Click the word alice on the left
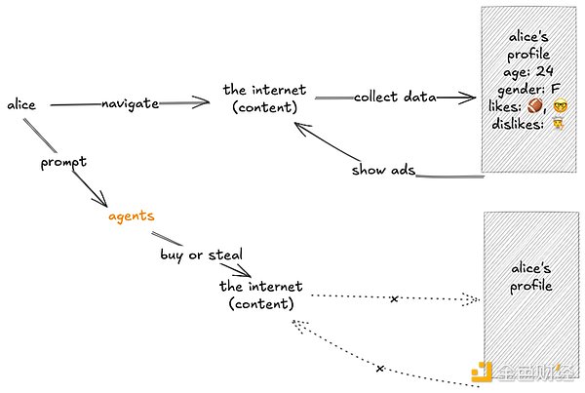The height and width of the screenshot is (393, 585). (20, 104)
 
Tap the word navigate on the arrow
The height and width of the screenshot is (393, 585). (130, 103)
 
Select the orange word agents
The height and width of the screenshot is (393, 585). (132, 216)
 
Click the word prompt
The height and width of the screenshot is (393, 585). (63, 162)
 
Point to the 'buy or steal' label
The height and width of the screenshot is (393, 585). (201, 255)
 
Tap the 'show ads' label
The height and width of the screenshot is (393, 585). (383, 171)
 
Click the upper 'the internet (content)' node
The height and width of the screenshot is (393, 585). (262, 98)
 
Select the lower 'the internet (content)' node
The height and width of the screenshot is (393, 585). (260, 295)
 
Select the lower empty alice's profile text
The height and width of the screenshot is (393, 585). (532, 276)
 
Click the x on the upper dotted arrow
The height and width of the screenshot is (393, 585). (394, 298)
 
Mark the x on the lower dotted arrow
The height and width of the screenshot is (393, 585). (379, 369)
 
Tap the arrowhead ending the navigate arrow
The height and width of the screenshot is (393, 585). (205, 101)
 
